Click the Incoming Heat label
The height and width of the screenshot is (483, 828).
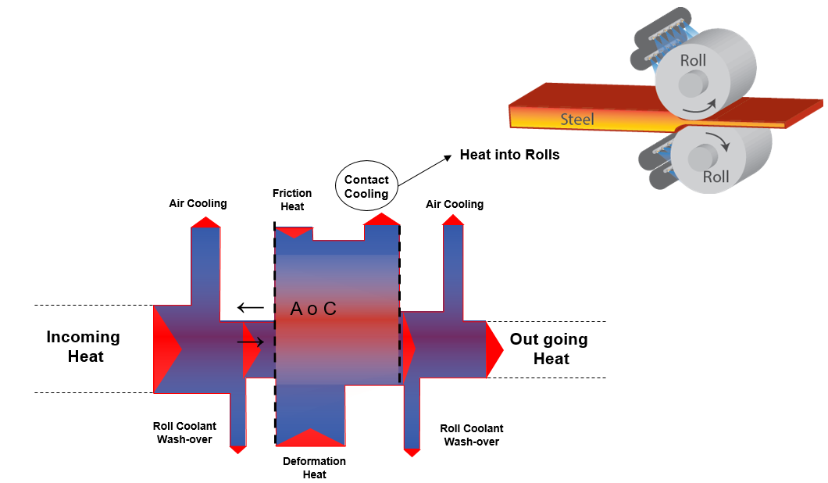(x=84, y=347)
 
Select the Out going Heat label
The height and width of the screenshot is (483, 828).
(x=549, y=349)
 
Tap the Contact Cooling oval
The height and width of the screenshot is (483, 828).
(x=366, y=187)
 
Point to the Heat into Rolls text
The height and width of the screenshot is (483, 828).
(x=509, y=155)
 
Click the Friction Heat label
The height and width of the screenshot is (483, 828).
(x=292, y=199)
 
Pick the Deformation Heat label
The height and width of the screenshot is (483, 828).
(x=314, y=467)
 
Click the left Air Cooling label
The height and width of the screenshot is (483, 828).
(x=198, y=203)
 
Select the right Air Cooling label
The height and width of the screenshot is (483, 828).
(x=455, y=204)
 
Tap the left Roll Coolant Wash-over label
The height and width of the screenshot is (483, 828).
(x=185, y=432)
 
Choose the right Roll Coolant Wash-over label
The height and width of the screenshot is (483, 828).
(x=472, y=435)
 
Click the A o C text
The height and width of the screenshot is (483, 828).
(x=313, y=309)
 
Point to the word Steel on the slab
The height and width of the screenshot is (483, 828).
(x=577, y=120)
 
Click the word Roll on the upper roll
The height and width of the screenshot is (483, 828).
(x=693, y=60)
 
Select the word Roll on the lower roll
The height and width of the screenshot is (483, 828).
(x=716, y=177)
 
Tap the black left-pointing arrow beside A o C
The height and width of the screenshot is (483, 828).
(x=251, y=307)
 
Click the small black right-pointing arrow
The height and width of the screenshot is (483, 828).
(x=251, y=341)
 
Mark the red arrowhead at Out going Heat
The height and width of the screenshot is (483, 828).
(x=494, y=349)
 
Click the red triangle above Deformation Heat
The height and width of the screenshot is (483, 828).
(x=312, y=438)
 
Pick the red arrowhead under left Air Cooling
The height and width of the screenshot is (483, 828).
(x=206, y=222)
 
